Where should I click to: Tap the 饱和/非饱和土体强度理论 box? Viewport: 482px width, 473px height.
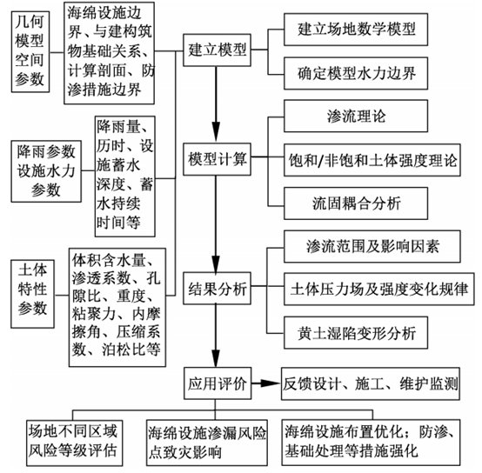pyautogui.click(x=375, y=161)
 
